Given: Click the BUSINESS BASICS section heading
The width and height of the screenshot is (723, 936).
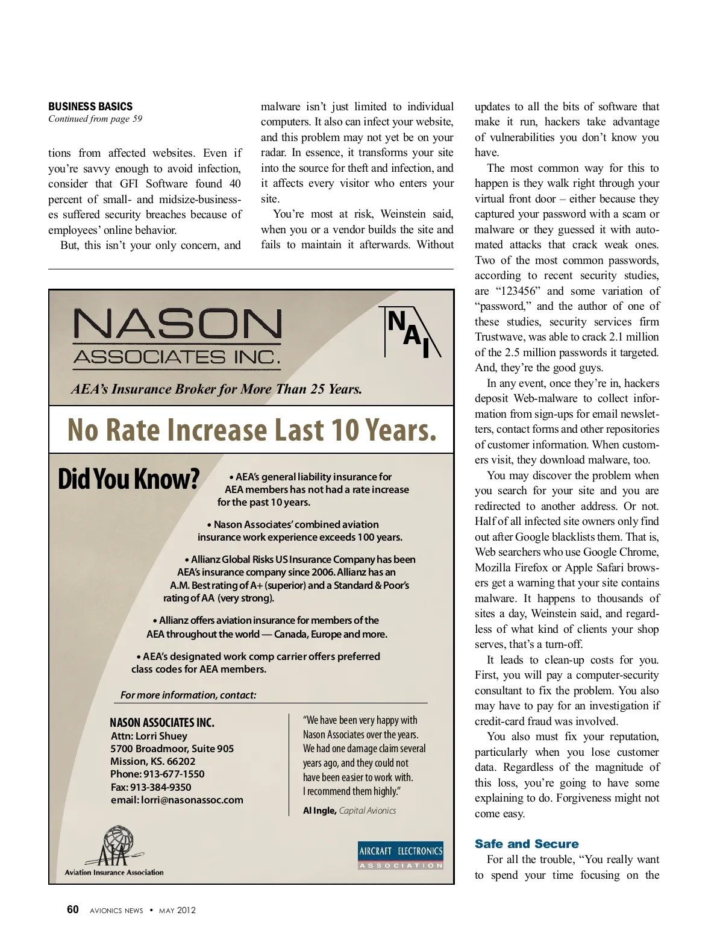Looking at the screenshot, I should [90, 107].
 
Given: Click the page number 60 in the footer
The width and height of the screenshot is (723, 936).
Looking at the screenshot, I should [73, 909].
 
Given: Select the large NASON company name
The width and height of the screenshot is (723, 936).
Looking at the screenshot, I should [177, 324].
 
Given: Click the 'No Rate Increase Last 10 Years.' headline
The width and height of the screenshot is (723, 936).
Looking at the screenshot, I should [252, 430].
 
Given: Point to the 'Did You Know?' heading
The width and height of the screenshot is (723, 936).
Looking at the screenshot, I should [128, 480].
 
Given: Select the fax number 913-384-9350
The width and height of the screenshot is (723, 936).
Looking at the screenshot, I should [160, 787].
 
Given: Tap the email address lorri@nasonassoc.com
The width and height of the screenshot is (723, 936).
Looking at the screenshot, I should [192, 800].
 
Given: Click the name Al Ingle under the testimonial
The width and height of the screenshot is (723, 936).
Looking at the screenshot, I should [319, 811].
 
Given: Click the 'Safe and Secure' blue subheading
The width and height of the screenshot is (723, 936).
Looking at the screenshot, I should [527, 844].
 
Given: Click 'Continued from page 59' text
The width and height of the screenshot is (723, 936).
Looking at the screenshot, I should [95, 119].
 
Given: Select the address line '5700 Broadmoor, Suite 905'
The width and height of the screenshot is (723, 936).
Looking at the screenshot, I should [172, 749].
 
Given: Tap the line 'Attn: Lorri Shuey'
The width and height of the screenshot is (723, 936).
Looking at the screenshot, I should [149, 736].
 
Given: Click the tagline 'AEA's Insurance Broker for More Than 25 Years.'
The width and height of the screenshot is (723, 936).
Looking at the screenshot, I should [217, 389].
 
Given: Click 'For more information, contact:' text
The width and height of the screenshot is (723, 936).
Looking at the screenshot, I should [189, 695].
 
